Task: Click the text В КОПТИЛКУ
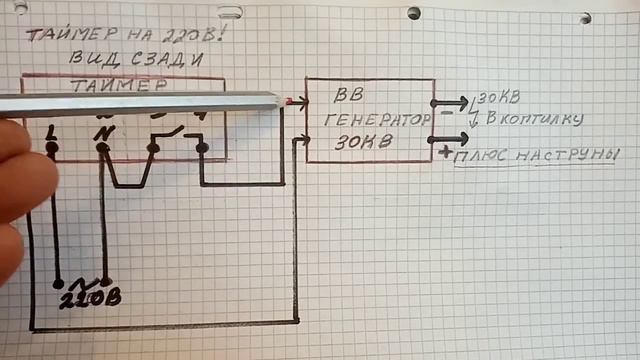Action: tap(531, 120)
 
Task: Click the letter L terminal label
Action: tap(51, 130)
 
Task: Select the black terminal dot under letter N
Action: tap(101, 149)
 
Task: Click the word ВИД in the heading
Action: tap(94, 58)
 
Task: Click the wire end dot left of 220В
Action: tap(58, 284)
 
